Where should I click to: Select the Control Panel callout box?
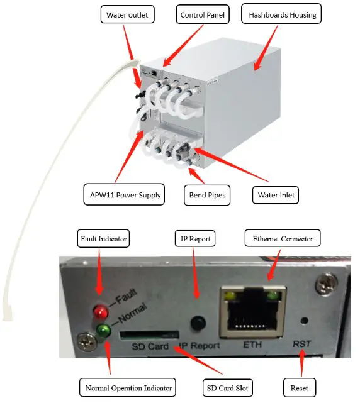(x=201, y=14)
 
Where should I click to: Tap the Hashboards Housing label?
(x=283, y=14)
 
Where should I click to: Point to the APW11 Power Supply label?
(x=123, y=195)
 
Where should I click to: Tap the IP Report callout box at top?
(x=194, y=239)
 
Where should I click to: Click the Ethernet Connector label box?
(x=283, y=239)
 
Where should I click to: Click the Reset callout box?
(x=299, y=387)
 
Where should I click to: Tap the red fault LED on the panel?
(x=99, y=311)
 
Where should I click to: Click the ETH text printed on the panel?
(x=250, y=345)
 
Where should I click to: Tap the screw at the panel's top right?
(x=327, y=284)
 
